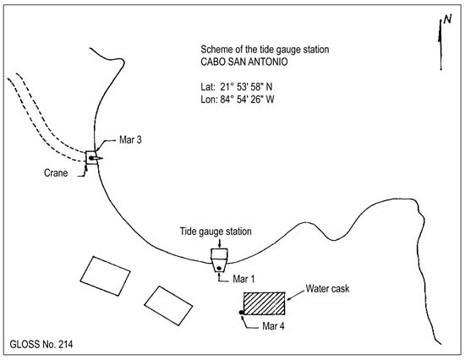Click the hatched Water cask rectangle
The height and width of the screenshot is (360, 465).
coord(265,303)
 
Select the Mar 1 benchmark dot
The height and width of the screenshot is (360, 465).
coord(219,268)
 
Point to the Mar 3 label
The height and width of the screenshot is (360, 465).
coord(130,139)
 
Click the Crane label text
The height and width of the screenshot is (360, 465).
coord(56,173)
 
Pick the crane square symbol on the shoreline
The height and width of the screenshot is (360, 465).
coord(91,157)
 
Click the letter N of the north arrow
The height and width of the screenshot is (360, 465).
coord(447,19)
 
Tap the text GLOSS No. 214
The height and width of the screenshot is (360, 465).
coord(41,344)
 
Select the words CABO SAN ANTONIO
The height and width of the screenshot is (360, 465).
coord(244,62)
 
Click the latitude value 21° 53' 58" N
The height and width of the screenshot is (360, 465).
coord(246,87)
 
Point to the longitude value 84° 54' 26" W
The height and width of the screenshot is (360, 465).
coord(247,100)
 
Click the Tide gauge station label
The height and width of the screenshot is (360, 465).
coord(216,232)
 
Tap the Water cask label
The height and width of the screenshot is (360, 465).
coord(327,288)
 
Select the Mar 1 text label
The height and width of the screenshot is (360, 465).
coord(243,279)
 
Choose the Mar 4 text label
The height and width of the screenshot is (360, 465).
coord(273,326)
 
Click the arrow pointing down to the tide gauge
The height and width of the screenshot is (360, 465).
coord(219,243)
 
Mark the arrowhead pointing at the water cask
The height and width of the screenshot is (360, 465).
coord(288,298)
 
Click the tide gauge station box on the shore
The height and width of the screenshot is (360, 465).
coord(219,260)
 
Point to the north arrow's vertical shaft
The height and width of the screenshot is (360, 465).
coord(440,45)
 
